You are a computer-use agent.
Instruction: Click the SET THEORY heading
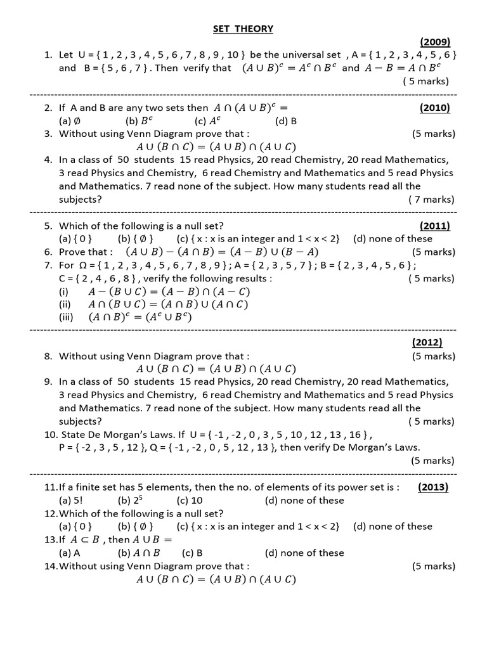pyautogui.click(x=243, y=29)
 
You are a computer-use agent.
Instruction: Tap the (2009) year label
pyautogui.click(x=434, y=42)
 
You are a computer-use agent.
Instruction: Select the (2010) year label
pyautogui.click(x=434, y=108)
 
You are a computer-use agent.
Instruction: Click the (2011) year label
pyautogui.click(x=434, y=226)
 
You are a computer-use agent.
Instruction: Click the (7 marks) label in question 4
pyautogui.click(x=431, y=200)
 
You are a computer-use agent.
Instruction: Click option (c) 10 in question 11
pyautogui.click(x=185, y=501)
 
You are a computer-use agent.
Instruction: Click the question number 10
pyautogui.click(x=51, y=435)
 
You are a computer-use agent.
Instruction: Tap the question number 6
pyautogui.click(x=48, y=252)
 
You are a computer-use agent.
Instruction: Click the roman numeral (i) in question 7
pyautogui.click(x=63, y=292)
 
